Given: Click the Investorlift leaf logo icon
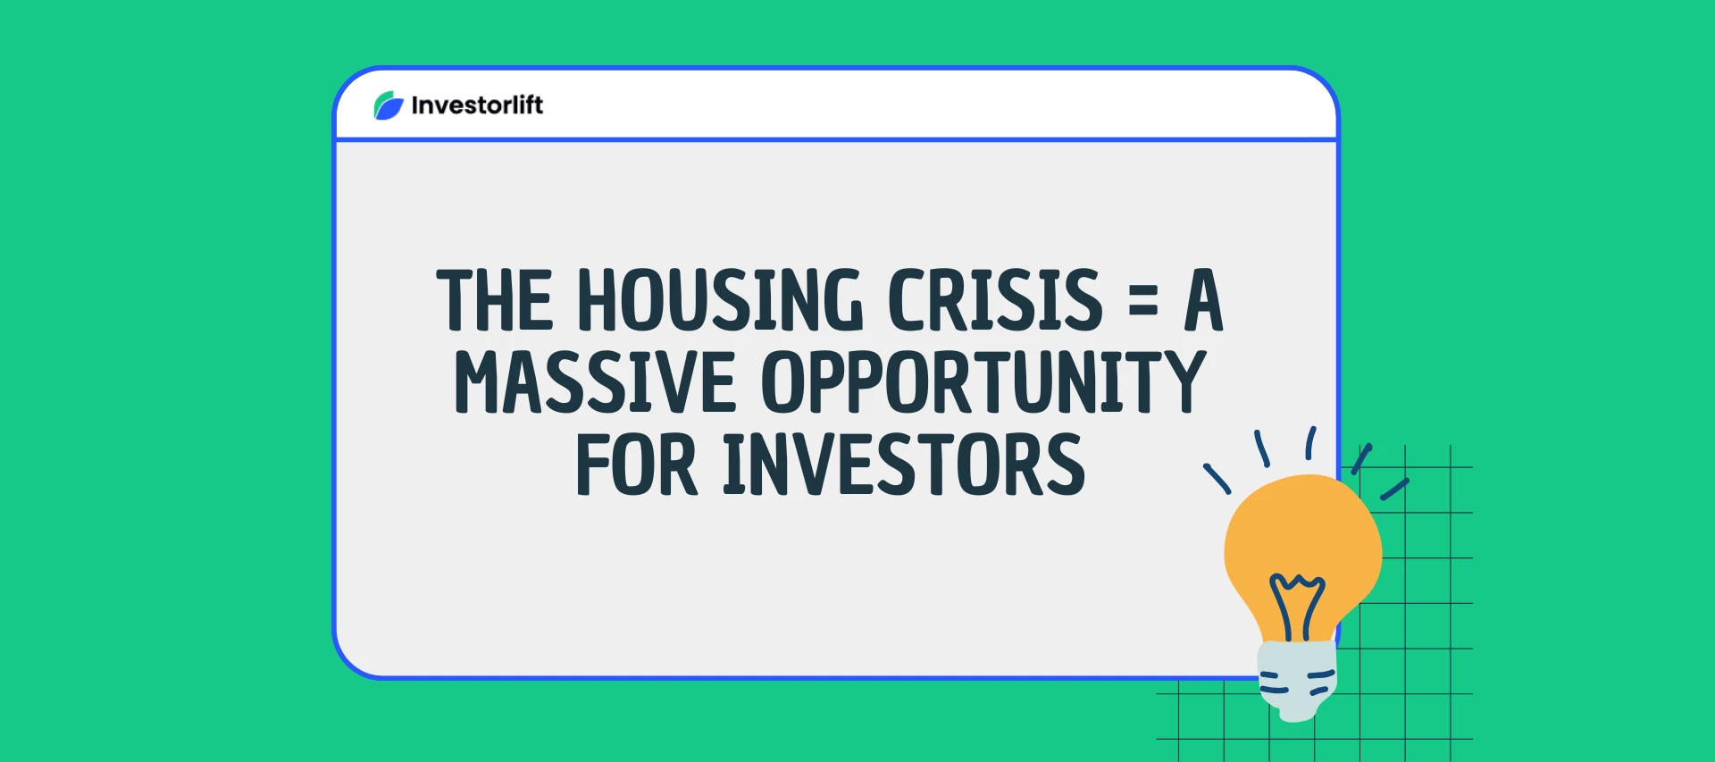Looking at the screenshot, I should click(389, 105).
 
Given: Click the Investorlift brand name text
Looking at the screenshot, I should click(477, 105).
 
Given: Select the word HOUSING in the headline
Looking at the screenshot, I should click(720, 300).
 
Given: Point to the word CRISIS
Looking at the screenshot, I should click(995, 300).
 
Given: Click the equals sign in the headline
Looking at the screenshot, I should click(1143, 300).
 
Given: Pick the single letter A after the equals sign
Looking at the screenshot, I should click(1203, 300).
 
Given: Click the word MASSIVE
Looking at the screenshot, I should click(595, 382).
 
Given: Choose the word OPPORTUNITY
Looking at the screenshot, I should click(983, 382).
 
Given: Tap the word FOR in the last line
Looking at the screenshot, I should click(636, 465).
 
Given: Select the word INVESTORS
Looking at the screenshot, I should click(904, 465).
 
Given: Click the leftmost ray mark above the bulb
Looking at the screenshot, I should click(1217, 479).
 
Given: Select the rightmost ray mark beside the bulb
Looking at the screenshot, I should click(1394, 489).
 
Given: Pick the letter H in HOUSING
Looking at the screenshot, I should click(598, 300).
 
